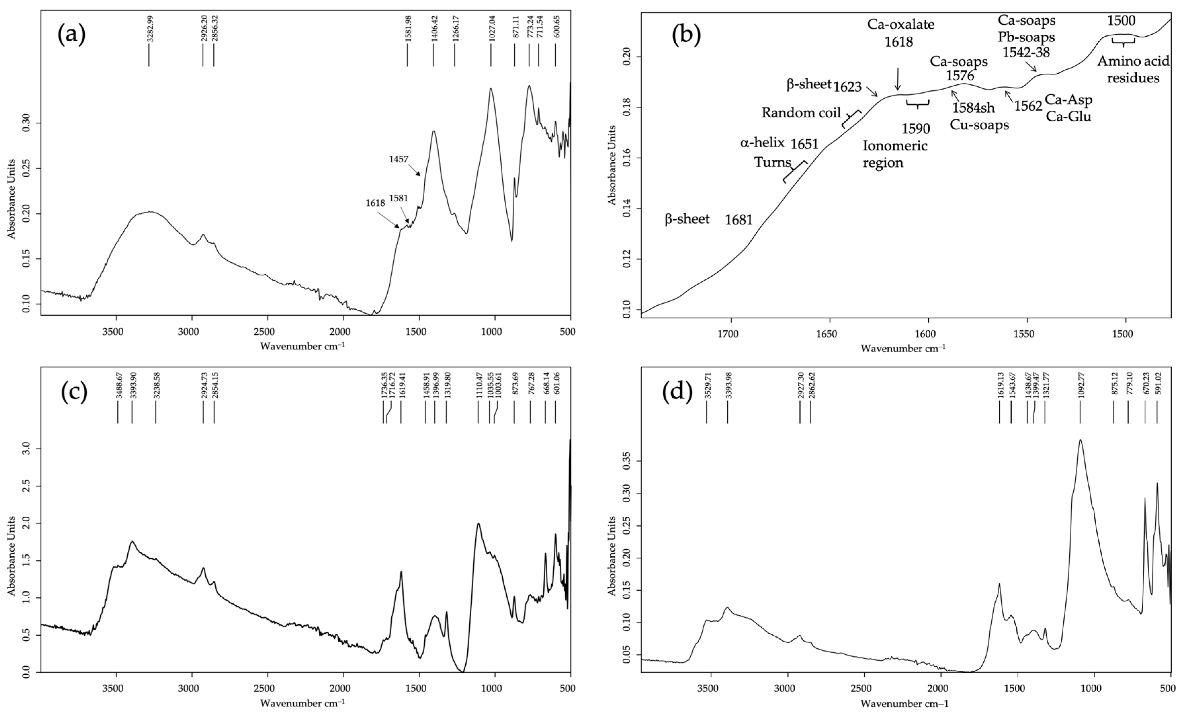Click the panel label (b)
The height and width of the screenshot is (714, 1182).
tap(686, 35)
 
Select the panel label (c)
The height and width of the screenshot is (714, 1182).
tap(74, 392)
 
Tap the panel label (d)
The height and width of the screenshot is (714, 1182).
tap(677, 392)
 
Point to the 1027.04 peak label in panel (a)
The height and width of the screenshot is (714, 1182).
tap(491, 28)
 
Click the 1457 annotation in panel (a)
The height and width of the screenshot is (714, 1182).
tap(399, 159)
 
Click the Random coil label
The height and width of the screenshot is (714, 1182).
tap(801, 113)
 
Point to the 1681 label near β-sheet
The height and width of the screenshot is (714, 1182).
tap(739, 220)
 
